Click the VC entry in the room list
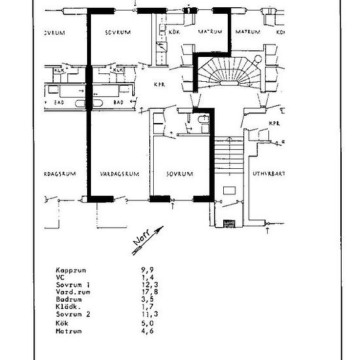pyautogui.click(x=60, y=278)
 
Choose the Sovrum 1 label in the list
pyautogui.click(x=72, y=285)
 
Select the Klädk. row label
pyautogui.click(x=67, y=307)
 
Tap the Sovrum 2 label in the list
pyautogui.click(x=72, y=315)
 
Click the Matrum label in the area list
pyautogui.click(x=67, y=330)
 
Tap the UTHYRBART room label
pyautogui.click(x=270, y=175)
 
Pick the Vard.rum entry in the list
pyautogui.click(x=71, y=292)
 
